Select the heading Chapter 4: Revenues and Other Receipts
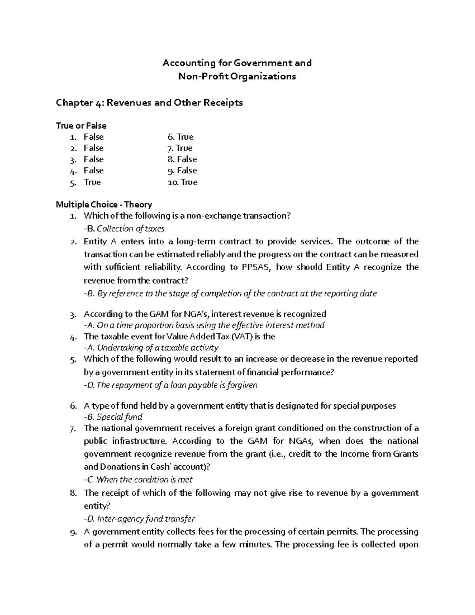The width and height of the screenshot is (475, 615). tap(149, 103)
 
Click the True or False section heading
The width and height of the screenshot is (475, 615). tap(81, 126)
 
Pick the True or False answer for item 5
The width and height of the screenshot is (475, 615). tap(92, 183)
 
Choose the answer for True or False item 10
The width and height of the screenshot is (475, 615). tap(189, 183)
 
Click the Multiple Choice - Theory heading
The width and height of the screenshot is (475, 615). tap(104, 205)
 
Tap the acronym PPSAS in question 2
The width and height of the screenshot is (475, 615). tap(256, 267)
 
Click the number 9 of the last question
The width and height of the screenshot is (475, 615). tap(72, 532)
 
